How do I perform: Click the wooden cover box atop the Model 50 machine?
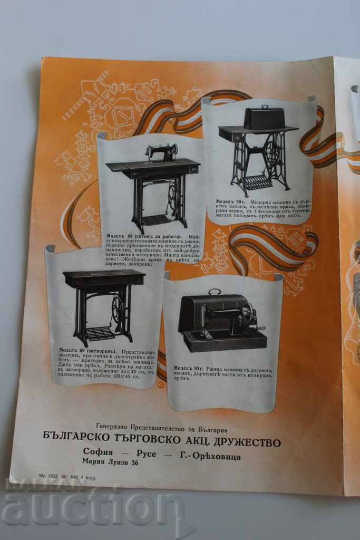(264, 119)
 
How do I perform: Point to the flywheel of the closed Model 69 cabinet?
(118, 310)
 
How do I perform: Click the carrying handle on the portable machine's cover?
(215, 291)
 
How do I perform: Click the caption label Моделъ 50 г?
(230, 201)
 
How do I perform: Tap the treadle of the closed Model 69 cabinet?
(99, 333)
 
